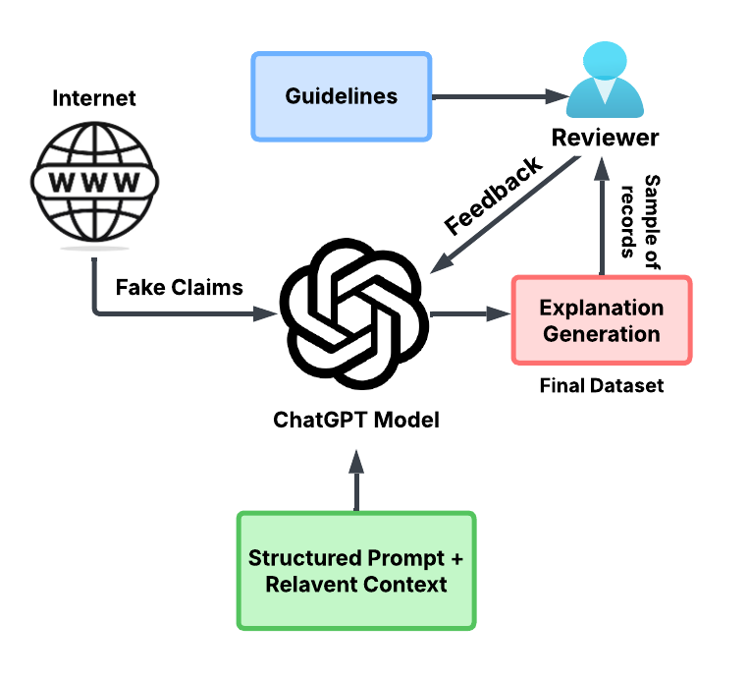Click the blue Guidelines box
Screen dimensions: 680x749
(341, 96)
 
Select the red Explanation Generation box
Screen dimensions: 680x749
(601, 320)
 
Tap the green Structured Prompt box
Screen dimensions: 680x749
(355, 571)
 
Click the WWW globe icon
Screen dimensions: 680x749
(94, 182)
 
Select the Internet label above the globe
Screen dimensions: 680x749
(94, 98)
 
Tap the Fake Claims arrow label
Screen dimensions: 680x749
(179, 288)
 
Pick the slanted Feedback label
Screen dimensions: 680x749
(493, 196)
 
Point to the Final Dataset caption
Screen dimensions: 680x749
(601, 386)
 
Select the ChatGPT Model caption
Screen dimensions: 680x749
(355, 421)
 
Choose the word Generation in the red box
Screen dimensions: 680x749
(601, 334)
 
